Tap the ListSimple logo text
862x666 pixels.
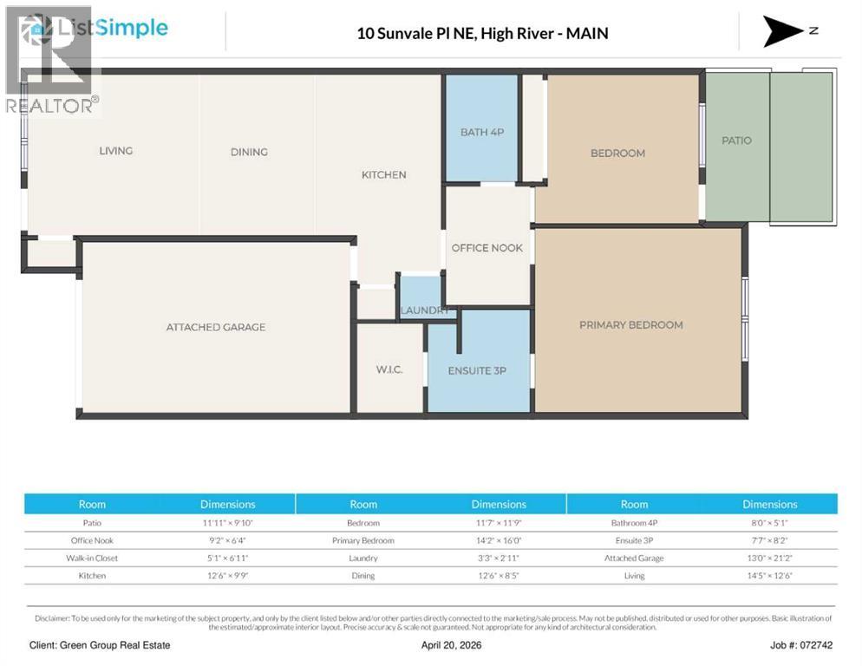[x=111, y=28]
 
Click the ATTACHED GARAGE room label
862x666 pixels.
[x=216, y=327]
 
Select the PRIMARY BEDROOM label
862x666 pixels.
[x=631, y=325]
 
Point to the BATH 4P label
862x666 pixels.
[x=481, y=132]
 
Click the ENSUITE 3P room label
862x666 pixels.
[x=477, y=370]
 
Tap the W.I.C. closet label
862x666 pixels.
[x=389, y=369]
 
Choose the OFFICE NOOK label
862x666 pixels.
[x=487, y=248]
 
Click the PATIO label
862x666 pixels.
[x=736, y=140]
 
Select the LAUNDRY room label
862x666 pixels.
[x=425, y=310]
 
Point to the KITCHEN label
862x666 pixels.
[x=383, y=175]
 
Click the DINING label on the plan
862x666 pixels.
[x=249, y=152]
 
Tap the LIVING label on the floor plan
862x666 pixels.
[x=115, y=151]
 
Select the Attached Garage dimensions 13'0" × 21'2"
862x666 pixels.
[x=769, y=558]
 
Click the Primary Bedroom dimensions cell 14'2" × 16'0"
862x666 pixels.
[x=499, y=540]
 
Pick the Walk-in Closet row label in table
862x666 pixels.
[x=93, y=558]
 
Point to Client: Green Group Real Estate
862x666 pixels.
[x=100, y=645]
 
